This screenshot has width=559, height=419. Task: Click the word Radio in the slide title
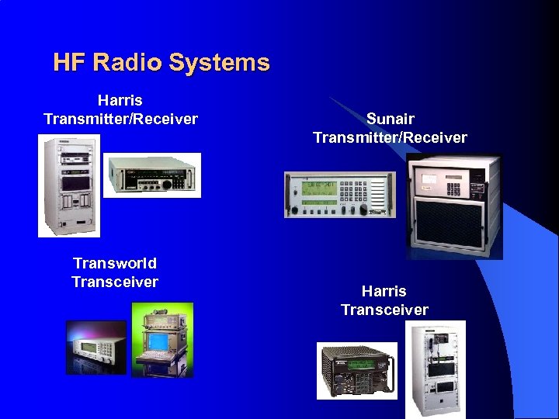pos(129,63)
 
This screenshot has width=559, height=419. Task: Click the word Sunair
pos(390,119)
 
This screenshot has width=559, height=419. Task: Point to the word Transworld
pos(115,263)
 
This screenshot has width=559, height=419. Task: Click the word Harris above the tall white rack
pos(120,100)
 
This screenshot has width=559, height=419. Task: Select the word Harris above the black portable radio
pos(384,291)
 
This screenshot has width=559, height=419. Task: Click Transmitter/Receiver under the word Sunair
pos(390,137)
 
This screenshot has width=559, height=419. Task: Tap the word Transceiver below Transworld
pos(115,282)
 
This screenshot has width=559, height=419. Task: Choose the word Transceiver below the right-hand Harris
pos(384,310)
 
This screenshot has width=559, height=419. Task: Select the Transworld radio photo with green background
pos(161,339)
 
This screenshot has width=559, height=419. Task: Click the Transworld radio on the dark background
pos(95,347)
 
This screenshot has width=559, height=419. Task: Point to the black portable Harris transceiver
pos(356,370)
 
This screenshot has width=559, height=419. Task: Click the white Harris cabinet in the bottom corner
pos(436,369)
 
